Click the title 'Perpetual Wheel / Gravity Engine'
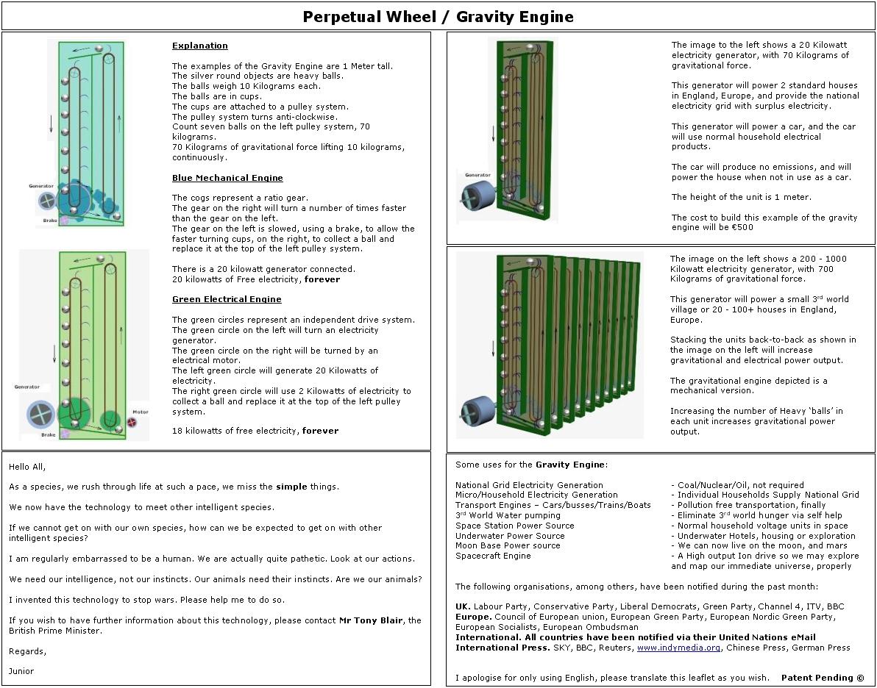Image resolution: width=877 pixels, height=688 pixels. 438,17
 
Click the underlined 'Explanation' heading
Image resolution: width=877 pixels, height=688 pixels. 199,46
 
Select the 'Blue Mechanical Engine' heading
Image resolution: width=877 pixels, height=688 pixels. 227,178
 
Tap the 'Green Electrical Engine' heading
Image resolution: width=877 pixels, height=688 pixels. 227,299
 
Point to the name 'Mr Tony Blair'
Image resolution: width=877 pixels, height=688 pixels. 371,620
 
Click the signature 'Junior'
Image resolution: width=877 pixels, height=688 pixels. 21,671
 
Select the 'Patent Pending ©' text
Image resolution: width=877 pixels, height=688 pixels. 823,678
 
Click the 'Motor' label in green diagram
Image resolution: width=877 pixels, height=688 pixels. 140,412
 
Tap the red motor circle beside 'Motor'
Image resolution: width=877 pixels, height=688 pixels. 133,423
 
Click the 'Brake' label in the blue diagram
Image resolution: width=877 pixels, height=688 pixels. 50,221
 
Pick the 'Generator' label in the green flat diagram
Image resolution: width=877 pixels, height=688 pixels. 27,387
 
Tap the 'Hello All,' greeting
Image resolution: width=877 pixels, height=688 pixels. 27,467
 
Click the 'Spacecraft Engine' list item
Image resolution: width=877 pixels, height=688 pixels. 492,556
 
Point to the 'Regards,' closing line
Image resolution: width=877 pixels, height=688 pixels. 27,651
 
